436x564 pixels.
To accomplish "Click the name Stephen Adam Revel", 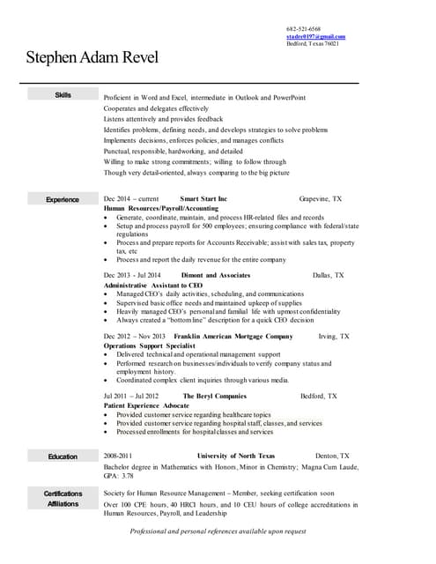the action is tap(92, 59).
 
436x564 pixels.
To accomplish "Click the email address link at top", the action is tap(315, 36).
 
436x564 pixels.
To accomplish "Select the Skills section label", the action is tap(63, 95).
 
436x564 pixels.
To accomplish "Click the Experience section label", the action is tap(63, 200).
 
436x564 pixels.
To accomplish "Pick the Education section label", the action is tap(63, 456).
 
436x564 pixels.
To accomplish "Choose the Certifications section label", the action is tap(63, 493).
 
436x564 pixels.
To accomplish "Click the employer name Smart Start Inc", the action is tap(203, 200).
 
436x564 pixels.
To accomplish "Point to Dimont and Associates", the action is tap(216, 276).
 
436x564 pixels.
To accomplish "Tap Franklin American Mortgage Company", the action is tap(233, 337).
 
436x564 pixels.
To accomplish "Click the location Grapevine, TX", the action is tap(321, 200).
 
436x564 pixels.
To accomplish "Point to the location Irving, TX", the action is tap(334, 337).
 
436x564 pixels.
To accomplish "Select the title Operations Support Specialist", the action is tap(147, 345).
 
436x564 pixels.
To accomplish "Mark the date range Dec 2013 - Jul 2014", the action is tap(132, 276).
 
